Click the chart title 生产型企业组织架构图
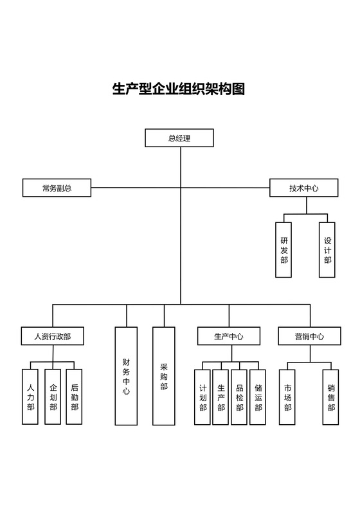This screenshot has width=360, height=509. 179,89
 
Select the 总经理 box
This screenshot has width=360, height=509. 179,138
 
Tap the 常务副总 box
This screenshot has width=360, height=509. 57,188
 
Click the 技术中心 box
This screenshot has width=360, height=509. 303,188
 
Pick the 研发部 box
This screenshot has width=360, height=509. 284,249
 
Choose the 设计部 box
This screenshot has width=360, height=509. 327,249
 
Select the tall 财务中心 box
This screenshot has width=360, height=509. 126,376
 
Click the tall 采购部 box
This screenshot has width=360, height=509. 164,376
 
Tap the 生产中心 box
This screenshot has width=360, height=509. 228,336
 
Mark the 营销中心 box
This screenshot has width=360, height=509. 309,336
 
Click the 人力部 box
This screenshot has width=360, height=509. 30,397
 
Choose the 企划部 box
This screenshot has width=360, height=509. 53,397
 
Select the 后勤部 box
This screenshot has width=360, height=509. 75,397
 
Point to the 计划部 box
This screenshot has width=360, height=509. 203,397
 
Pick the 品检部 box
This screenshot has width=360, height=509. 239,397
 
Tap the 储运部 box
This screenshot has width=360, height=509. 258,397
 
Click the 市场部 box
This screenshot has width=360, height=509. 287,397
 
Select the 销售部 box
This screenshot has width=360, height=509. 330,397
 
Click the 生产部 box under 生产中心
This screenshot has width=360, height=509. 221,397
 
